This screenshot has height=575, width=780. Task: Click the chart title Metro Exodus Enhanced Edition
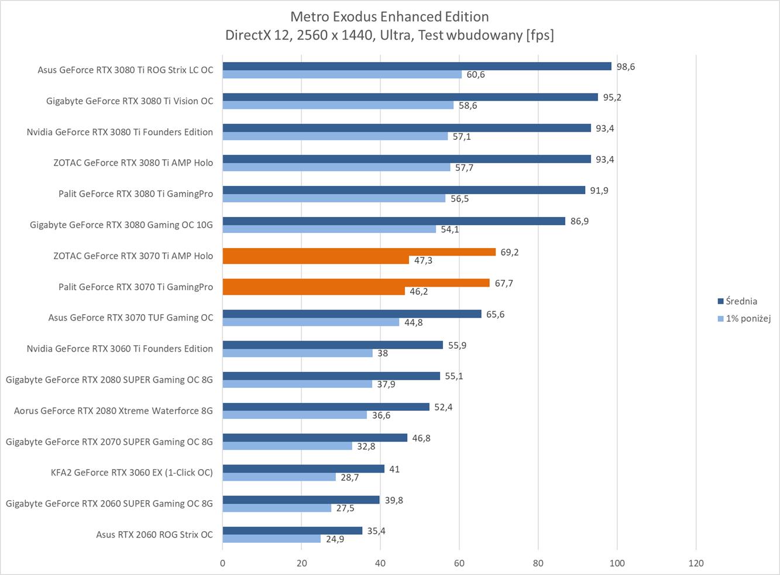click(x=389, y=16)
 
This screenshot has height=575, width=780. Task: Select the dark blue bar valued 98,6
click(x=417, y=66)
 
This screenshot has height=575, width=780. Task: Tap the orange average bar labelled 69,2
click(x=359, y=252)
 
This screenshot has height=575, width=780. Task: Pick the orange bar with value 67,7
click(x=356, y=283)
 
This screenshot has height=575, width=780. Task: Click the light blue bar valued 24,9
click(x=272, y=539)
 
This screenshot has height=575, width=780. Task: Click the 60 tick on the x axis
click(x=459, y=563)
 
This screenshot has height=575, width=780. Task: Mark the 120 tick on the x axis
click(x=696, y=563)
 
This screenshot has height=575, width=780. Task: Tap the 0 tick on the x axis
click(x=222, y=563)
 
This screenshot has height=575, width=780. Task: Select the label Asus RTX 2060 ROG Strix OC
click(x=154, y=535)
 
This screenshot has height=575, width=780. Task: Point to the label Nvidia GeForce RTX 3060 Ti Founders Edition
click(x=119, y=349)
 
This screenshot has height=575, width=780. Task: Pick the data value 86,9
click(x=579, y=221)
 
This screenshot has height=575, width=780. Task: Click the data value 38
click(x=383, y=353)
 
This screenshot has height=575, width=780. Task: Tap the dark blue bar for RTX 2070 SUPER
click(x=315, y=438)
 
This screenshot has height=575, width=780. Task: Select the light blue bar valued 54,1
click(x=329, y=229)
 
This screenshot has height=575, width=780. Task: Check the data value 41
click(x=394, y=469)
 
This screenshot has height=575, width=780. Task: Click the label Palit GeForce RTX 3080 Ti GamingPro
click(x=136, y=194)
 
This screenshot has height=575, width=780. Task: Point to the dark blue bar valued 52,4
click(x=326, y=407)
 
